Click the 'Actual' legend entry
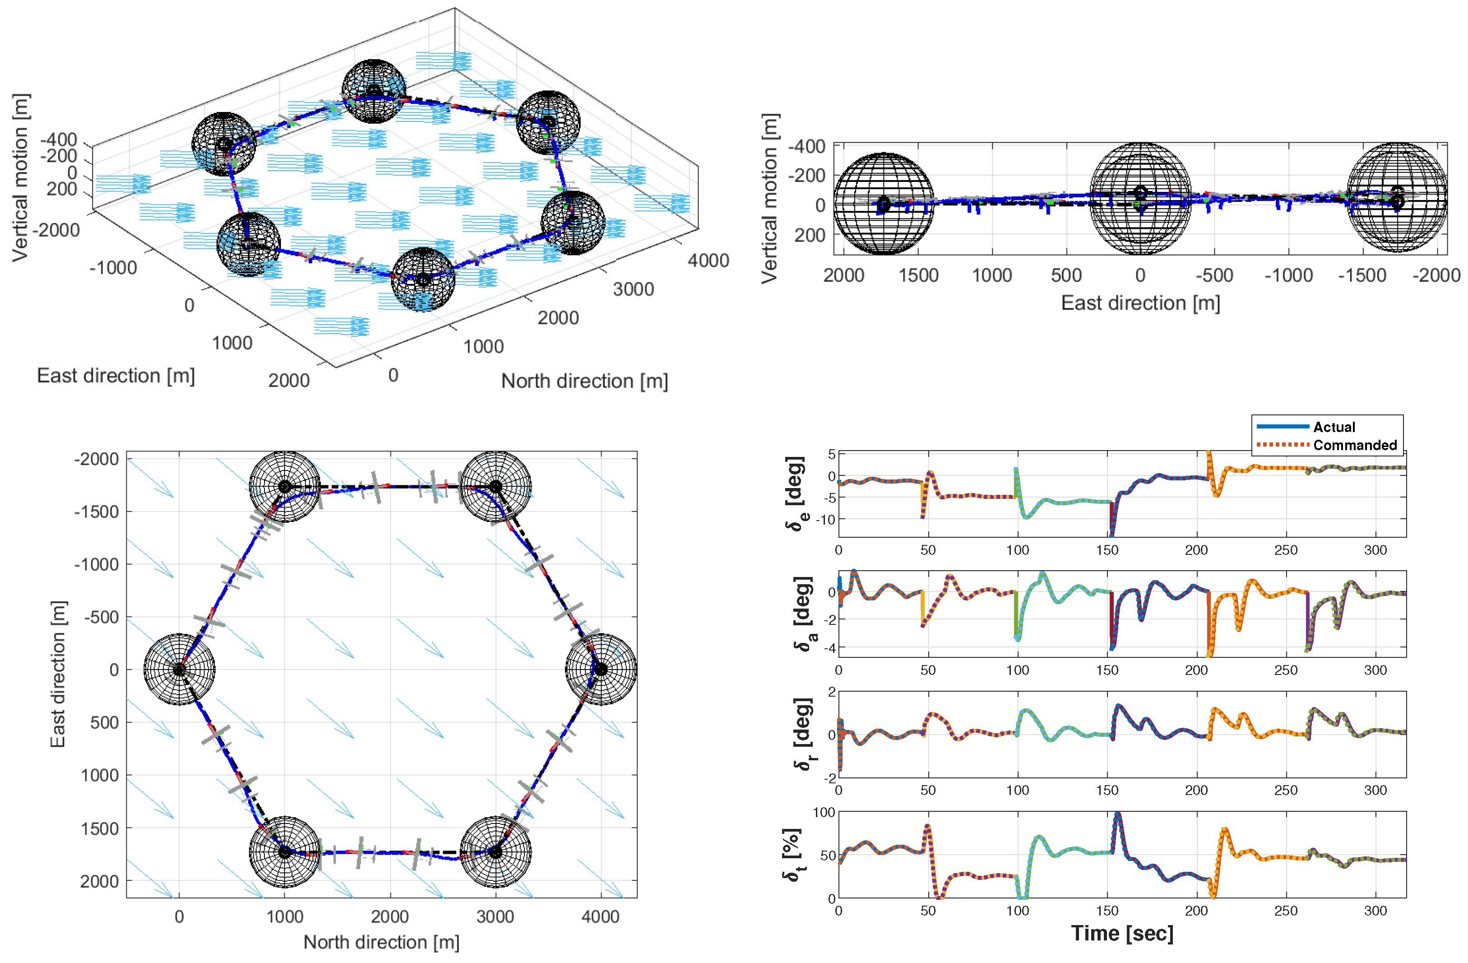1334,427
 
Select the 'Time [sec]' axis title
1122,933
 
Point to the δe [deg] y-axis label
796,493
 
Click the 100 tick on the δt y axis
824,813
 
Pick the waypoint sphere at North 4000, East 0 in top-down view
601,670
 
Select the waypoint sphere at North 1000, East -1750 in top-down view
284,487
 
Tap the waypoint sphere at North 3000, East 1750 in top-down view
496,852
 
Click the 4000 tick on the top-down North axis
600,917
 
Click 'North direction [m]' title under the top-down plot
381,942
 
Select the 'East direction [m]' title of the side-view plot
1140,303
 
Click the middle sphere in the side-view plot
1140,199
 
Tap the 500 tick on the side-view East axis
1066,275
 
